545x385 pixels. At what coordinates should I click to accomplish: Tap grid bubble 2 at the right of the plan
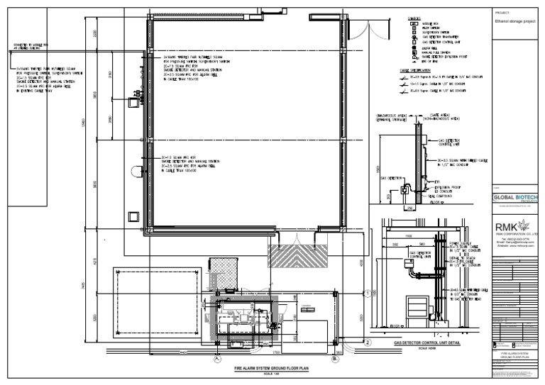(368, 342)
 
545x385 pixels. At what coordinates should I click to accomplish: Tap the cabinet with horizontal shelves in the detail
(415, 306)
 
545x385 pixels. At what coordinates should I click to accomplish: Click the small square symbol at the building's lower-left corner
(132, 216)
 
